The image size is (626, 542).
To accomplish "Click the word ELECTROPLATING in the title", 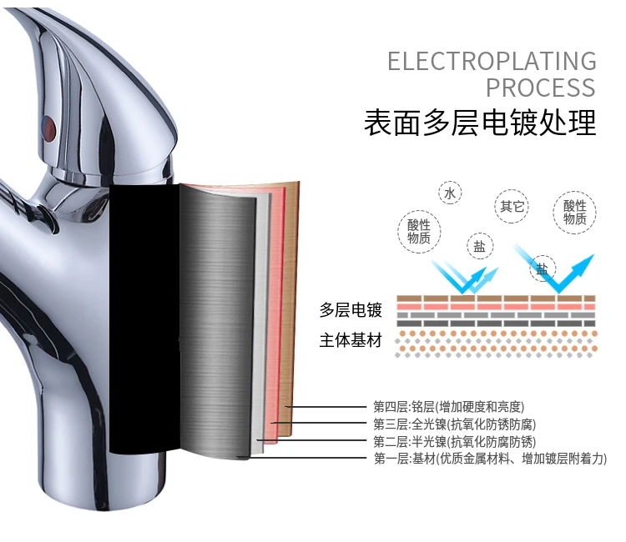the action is point(492,61).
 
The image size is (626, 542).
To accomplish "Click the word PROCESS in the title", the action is point(541,88).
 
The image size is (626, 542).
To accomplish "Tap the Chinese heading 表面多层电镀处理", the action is point(480,123).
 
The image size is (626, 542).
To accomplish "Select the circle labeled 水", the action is point(450,194).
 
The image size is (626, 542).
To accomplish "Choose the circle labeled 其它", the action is point(512,206).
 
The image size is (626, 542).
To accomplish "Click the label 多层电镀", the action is point(351,310).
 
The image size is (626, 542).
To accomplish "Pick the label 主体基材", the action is point(351,341).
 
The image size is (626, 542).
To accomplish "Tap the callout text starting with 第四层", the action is point(448,407).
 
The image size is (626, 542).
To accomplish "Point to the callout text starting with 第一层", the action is point(489,459).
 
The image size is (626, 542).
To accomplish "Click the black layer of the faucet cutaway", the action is point(142,317).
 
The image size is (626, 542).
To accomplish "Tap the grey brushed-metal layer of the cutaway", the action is point(217,317).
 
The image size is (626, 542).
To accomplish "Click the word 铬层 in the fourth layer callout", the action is point(423,407).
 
